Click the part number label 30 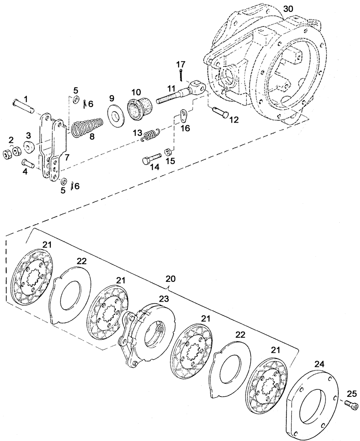click(x=288, y=9)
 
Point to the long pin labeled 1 click(x=22, y=106)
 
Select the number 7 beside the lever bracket click(x=67, y=157)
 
